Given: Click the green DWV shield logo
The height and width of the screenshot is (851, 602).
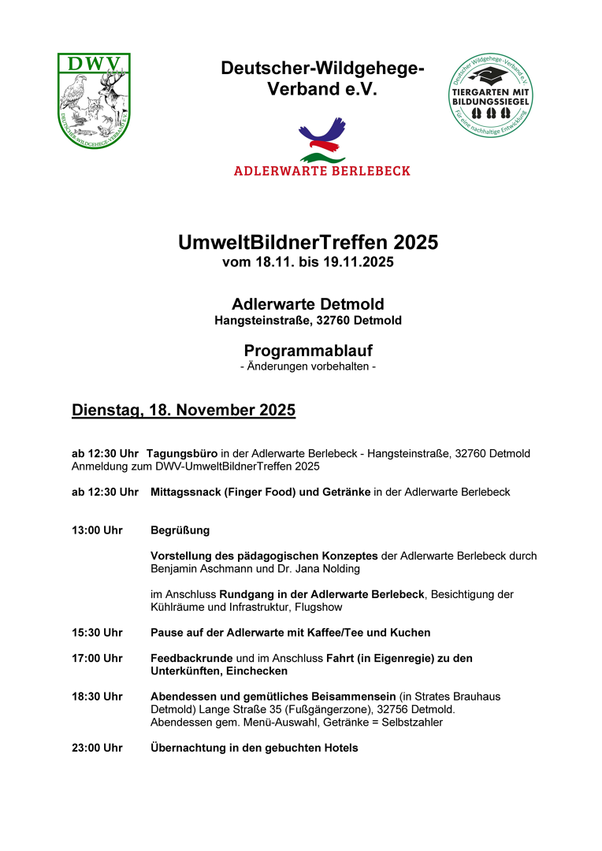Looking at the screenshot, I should (x=94, y=100).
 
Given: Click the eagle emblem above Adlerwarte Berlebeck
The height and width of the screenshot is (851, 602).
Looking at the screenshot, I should (x=321, y=139).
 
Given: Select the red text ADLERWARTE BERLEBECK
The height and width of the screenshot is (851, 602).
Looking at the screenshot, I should (x=321, y=170).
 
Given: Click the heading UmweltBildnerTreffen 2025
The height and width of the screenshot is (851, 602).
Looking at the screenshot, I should (x=308, y=243).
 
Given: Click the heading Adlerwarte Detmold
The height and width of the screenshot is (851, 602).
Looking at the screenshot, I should (x=308, y=304).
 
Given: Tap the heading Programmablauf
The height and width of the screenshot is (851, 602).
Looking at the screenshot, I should (x=308, y=351).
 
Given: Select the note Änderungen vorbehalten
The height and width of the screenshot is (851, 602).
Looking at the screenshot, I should (x=308, y=367).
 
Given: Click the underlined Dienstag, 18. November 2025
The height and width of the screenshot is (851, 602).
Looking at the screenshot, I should (x=184, y=411).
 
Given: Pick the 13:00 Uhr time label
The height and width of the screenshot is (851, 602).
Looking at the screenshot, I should (x=97, y=530).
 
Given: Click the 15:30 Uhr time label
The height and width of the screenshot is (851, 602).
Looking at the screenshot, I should (x=97, y=633).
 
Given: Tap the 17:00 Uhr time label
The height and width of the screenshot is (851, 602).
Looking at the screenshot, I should (x=97, y=658).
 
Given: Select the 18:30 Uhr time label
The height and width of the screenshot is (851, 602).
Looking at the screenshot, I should (x=97, y=697).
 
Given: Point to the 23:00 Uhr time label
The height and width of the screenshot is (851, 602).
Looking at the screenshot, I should (x=97, y=748).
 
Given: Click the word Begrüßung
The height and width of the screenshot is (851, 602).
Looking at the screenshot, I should (x=180, y=530).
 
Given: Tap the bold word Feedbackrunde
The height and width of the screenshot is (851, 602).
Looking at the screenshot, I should (x=192, y=658).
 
